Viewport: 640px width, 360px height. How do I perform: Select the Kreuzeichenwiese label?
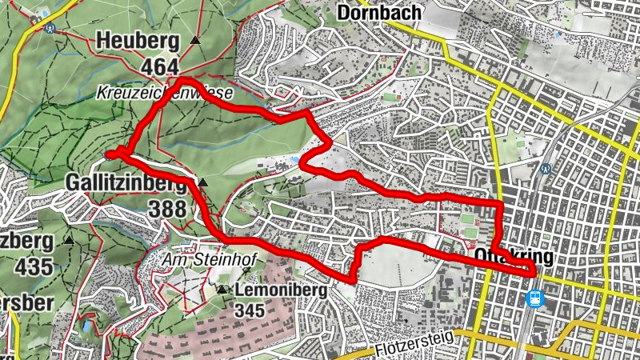point(164,93)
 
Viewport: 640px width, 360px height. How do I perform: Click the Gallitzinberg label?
point(129,184)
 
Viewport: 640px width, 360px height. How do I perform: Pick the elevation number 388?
point(167,209)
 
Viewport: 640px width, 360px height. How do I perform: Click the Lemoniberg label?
point(280,291)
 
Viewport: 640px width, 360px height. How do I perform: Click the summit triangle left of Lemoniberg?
point(221,290)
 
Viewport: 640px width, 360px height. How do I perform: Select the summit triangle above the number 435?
point(69,239)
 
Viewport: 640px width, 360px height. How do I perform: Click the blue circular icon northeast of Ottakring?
point(546,169)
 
